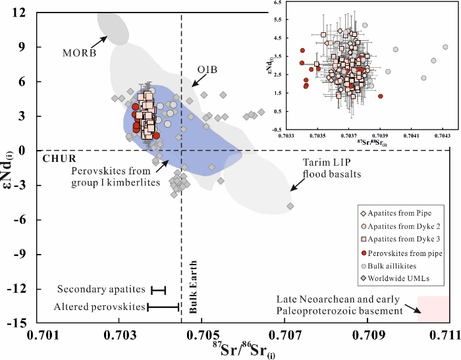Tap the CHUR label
click(x=61, y=159)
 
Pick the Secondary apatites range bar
click(x=159, y=290)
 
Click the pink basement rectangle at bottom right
click(x=433, y=309)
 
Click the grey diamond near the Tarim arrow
click(x=290, y=206)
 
